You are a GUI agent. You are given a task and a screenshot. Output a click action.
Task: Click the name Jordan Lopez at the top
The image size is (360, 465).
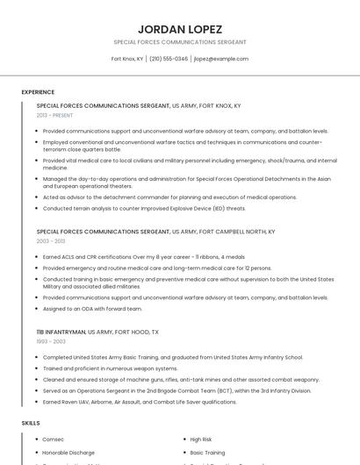[x=180, y=29]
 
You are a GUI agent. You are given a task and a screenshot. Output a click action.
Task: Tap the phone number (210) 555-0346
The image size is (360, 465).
[x=169, y=59]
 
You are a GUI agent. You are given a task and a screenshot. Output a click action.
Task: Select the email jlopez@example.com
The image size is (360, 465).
[x=221, y=59]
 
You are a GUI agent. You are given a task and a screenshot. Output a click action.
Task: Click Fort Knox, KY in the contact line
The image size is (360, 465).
[x=127, y=59]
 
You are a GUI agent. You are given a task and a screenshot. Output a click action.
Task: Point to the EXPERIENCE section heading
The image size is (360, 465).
[x=38, y=92]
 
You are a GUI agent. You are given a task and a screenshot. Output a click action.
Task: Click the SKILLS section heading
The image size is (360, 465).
[x=31, y=423]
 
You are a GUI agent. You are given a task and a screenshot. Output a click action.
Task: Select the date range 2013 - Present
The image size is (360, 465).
[x=55, y=115]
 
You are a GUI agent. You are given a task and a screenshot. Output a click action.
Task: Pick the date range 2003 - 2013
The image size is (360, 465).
[x=51, y=240]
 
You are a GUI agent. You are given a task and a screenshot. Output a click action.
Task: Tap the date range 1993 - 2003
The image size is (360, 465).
[x=51, y=341]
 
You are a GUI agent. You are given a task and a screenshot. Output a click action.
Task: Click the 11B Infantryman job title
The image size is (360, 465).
[x=61, y=333]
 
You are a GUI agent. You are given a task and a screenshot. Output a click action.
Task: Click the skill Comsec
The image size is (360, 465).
[x=53, y=439]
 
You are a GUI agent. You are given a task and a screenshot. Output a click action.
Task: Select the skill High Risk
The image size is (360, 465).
[x=201, y=439]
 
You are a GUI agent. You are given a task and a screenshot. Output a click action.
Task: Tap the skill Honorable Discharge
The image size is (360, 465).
[x=69, y=453]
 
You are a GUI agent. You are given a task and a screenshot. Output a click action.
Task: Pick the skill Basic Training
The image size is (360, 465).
[x=207, y=453]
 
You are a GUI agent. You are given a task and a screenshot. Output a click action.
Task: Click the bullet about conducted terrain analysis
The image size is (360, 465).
[x=144, y=209]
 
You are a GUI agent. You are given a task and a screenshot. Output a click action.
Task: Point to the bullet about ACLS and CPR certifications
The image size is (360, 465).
[x=144, y=257]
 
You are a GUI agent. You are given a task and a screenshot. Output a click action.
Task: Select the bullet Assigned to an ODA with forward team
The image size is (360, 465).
[x=92, y=309]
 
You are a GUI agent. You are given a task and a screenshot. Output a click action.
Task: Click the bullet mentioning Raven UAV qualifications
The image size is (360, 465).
[x=140, y=402]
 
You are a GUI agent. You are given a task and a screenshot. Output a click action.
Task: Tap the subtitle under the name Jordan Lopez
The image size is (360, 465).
[x=180, y=42]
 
